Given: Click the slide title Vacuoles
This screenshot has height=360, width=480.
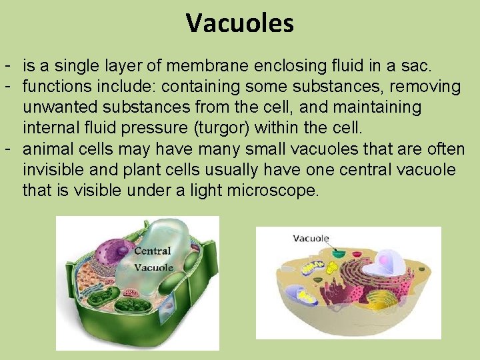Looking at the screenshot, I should click(x=240, y=24).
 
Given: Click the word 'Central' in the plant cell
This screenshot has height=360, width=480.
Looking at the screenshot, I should click(x=153, y=251).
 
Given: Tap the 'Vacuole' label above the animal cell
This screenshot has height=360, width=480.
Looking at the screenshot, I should click(x=311, y=238).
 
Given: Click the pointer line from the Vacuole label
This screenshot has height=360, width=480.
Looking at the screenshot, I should click(x=327, y=246).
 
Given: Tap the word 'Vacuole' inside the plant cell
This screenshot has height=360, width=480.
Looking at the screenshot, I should click(x=154, y=267).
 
